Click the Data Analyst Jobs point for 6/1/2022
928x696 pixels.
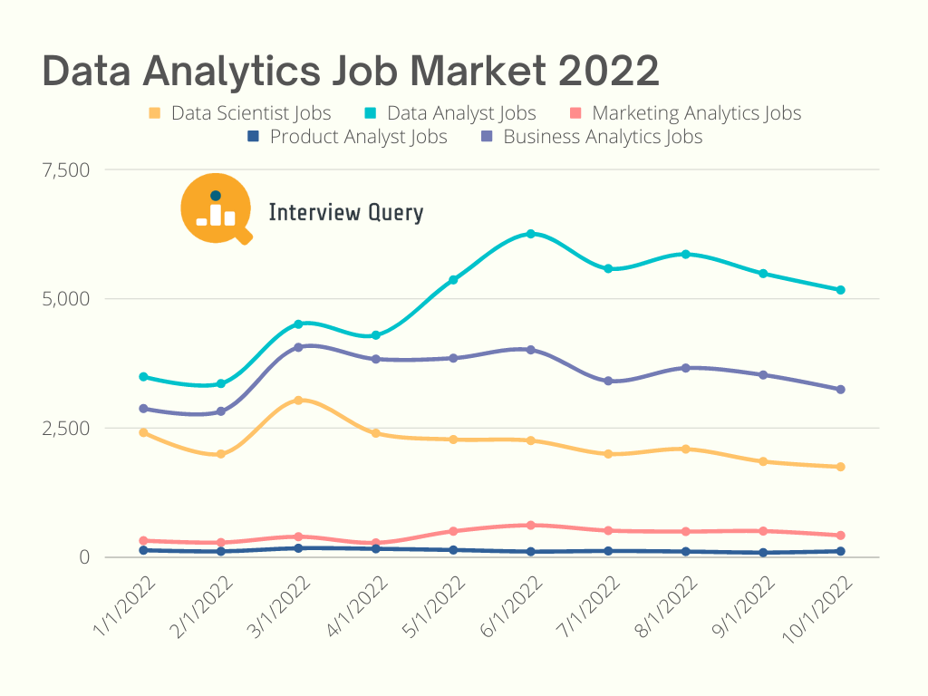point(531,234)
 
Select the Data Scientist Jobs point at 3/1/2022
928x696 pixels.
point(298,400)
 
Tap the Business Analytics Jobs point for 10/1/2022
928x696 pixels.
point(841,390)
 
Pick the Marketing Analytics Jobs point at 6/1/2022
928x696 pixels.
point(531,525)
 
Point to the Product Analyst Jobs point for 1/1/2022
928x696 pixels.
point(143,550)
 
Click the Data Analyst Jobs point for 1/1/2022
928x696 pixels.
point(143,376)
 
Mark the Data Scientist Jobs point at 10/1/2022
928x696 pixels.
point(841,467)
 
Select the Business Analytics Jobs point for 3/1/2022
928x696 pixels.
point(298,347)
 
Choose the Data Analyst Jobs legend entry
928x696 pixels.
point(450,114)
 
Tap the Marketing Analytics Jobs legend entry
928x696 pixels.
point(685,114)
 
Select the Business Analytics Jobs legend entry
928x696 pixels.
point(591,138)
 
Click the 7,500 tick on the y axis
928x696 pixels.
point(67,169)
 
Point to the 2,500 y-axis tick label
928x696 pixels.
point(67,428)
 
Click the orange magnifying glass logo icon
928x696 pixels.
point(216,208)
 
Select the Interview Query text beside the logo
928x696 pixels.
point(345,213)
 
